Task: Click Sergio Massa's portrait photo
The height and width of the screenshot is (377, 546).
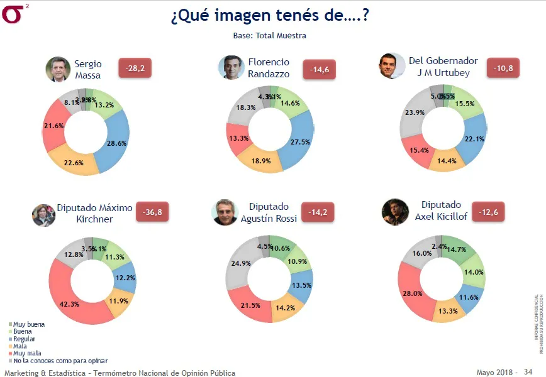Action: (58, 69)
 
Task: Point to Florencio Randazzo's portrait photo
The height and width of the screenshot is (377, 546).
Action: (231, 67)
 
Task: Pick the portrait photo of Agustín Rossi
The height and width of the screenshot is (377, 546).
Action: (224, 212)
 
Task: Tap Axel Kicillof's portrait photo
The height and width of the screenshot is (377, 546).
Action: (395, 212)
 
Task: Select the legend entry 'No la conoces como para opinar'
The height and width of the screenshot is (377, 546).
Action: (58, 361)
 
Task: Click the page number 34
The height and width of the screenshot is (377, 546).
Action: (528, 372)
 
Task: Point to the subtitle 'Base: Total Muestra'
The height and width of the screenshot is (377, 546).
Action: (269, 36)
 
